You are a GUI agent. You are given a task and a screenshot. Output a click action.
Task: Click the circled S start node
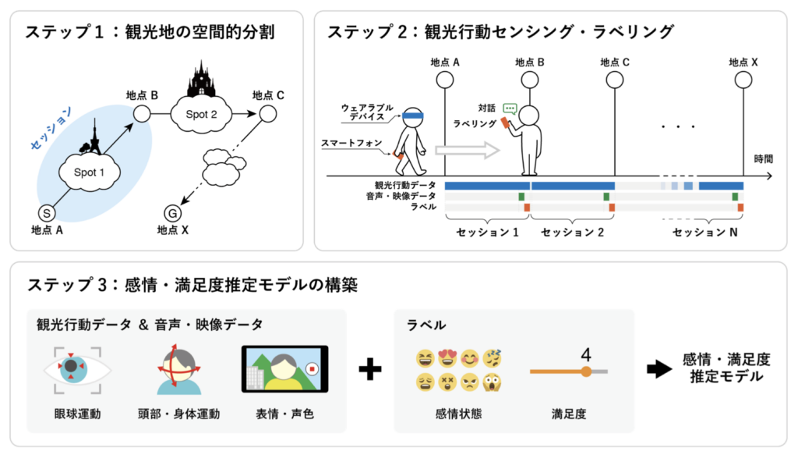click(47, 214)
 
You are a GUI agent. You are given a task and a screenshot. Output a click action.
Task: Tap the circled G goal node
click(172, 214)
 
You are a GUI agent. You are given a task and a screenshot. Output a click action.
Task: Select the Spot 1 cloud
click(90, 172)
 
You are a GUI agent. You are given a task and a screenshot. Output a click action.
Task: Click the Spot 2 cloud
click(201, 114)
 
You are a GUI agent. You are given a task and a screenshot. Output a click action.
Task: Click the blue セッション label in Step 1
click(51, 129)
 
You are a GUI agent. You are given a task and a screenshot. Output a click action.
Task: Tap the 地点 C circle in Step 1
click(268, 114)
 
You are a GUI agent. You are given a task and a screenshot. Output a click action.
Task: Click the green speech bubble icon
click(510, 108)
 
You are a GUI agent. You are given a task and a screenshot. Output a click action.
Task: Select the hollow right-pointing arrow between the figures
click(467, 151)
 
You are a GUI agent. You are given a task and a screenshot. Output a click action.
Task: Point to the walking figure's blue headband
click(413, 116)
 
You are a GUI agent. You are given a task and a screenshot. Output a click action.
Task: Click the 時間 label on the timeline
click(763, 159)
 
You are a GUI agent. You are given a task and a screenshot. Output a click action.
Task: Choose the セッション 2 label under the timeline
click(572, 233)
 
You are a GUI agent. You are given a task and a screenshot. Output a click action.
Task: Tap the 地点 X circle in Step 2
click(743, 80)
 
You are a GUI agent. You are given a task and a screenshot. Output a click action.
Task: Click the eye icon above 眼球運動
click(77, 371)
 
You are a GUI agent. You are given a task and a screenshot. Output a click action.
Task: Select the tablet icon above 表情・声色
click(284, 369)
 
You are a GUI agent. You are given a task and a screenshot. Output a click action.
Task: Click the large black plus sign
click(370, 369)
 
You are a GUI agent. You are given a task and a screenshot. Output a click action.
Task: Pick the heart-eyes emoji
click(447, 358)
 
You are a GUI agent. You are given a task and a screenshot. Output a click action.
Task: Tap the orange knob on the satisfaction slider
click(586, 371)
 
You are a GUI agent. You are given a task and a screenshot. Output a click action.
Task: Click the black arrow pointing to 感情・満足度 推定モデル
click(659, 369)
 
